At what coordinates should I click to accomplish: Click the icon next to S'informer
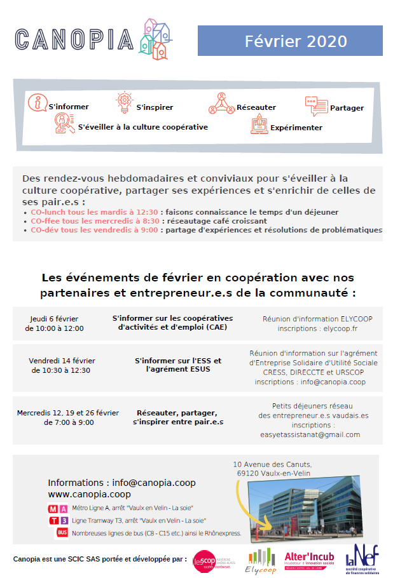tap(38, 102)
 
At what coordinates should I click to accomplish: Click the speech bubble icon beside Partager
tap(315, 106)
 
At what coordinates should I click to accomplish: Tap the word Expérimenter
tap(296, 128)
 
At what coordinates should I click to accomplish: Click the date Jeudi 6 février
tap(54, 318)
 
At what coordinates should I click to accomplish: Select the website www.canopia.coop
tap(89, 494)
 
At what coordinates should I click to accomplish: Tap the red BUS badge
tap(62, 533)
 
